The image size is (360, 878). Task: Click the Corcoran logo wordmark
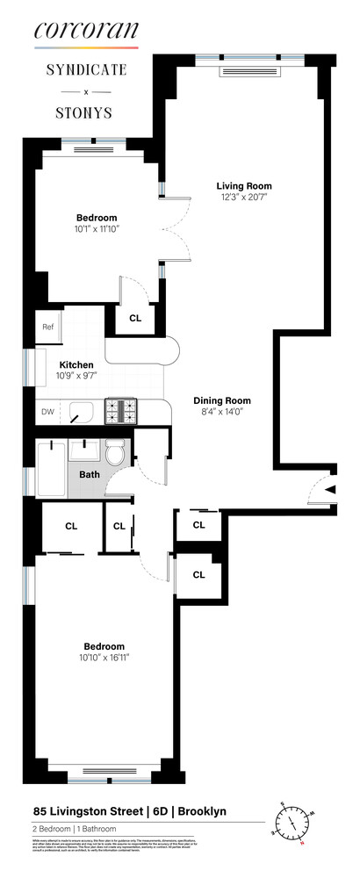(86, 32)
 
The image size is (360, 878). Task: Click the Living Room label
(244, 186)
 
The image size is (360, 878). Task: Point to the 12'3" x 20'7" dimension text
(244, 199)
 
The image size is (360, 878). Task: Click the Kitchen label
(76, 365)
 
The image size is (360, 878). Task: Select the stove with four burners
(121, 409)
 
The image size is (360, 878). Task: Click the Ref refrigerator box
(48, 327)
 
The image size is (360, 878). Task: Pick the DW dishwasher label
(47, 410)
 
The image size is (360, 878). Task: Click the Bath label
(90, 475)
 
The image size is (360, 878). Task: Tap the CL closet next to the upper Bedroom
(135, 319)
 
